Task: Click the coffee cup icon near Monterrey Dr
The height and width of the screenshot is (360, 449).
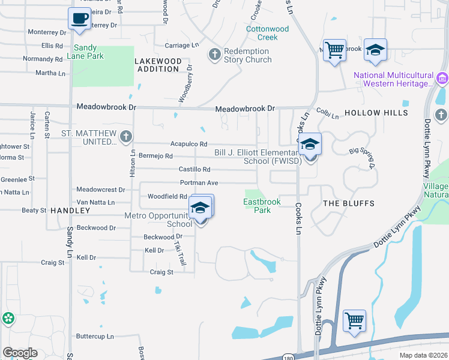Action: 79,19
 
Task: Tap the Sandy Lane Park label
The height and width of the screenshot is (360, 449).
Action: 89,52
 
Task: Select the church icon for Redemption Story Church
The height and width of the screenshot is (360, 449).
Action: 214,55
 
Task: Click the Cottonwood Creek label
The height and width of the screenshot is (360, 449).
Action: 268,33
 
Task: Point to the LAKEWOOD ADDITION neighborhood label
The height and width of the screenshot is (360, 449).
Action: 158,65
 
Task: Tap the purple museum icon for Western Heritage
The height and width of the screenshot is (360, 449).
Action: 442,79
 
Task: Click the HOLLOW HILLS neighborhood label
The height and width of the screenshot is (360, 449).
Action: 376,113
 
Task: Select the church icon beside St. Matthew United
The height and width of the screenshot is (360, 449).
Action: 125,137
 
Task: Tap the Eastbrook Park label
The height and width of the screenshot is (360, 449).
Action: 262,206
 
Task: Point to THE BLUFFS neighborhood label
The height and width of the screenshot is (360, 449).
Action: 349,203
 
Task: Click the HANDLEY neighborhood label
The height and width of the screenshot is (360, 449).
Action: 70,211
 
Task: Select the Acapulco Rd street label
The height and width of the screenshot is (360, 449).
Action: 188,144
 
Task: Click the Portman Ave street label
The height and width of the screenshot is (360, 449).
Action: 199,183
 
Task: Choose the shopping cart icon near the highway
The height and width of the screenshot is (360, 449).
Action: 354,320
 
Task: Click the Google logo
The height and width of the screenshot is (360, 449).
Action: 20,353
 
